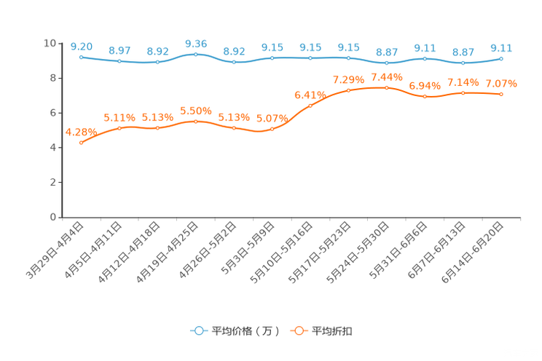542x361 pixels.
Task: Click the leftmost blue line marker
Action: tap(81, 57)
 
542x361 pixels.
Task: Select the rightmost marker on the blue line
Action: tap(501, 58)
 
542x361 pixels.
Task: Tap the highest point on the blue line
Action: tap(195, 54)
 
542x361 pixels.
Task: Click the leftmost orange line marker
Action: tap(81, 143)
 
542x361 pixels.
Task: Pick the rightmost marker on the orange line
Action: tap(501, 95)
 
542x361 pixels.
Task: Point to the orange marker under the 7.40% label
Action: tap(387, 87)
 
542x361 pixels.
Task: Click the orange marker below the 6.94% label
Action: tap(425, 96)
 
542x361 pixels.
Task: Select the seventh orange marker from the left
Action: tap(310, 106)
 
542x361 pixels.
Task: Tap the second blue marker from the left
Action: tap(119, 62)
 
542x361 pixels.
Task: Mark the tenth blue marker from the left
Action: tap(425, 58)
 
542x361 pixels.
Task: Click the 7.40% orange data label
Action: tap(387, 76)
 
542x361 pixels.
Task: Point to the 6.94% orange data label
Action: tap(425, 85)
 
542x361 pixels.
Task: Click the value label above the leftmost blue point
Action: tap(81, 46)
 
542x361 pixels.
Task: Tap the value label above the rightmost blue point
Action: tap(501, 47)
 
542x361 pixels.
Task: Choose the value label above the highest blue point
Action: tap(195, 44)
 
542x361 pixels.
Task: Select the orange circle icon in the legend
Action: tap(298, 331)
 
